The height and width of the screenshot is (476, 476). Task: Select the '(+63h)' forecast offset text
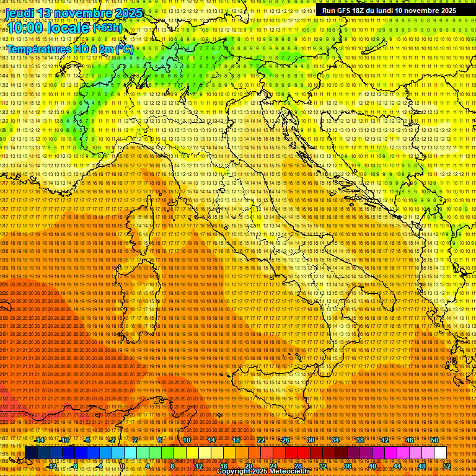pos(107,28)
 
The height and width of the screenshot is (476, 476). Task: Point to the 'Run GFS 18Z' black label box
pos(389,11)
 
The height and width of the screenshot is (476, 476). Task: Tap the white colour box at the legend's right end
pos(440,453)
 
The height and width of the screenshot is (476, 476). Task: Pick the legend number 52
pos(446,466)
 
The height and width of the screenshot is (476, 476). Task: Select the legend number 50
pos(434,440)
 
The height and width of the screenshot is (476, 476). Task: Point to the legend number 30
pos(311,440)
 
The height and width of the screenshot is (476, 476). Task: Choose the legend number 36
pos(347,466)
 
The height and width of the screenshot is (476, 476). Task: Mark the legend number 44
pos(397,466)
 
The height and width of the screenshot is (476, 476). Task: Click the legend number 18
pos(236,440)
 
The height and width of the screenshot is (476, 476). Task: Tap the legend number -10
pos(64,440)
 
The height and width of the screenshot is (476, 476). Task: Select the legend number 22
pos(261,440)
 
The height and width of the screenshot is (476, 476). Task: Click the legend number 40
pos(372,466)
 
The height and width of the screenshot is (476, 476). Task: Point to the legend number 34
pos(335,440)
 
